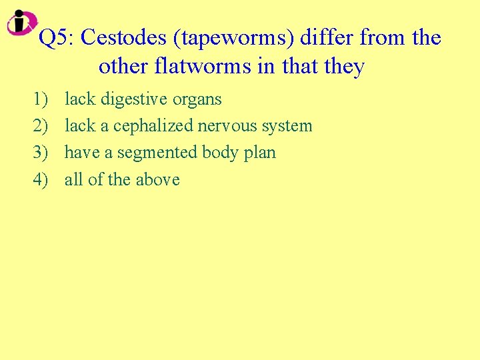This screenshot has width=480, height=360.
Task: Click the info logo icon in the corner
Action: click(22, 22)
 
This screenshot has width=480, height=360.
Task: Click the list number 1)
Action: click(41, 99)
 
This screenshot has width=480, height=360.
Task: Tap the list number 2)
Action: click(41, 126)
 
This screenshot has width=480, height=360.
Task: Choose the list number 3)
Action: click(41, 153)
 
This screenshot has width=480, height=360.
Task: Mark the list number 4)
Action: click(41, 179)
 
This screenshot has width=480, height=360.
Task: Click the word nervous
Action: click(225, 126)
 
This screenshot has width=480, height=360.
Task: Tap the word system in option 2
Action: click(287, 127)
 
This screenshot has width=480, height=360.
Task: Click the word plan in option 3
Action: click(260, 153)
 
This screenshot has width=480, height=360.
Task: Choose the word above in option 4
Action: click(158, 179)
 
